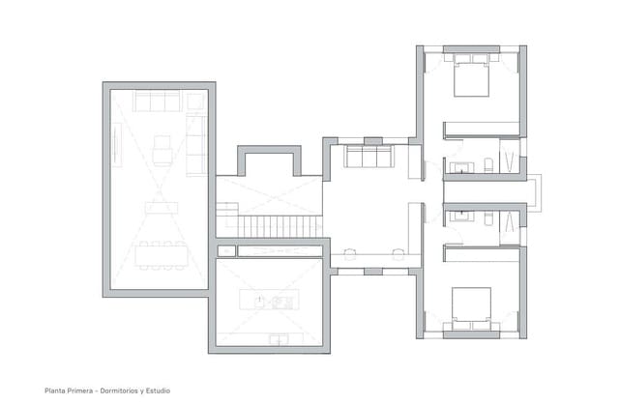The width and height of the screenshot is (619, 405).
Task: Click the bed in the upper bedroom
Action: [x=471, y=76]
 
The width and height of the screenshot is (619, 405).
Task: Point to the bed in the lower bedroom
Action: [x=471, y=305]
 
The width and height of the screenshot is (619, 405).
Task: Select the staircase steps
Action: [x=280, y=225]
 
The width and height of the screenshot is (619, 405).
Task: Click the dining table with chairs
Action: [x=161, y=254]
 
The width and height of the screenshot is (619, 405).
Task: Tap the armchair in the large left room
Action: [x=162, y=150]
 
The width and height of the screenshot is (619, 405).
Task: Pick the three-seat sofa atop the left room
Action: [x=158, y=101]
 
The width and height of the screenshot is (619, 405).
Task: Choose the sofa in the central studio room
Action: [x=368, y=157]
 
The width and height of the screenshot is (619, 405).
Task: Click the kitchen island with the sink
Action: [x=268, y=301]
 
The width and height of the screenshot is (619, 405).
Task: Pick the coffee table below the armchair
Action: [x=162, y=206]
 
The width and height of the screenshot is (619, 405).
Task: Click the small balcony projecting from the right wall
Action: [x=534, y=190]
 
